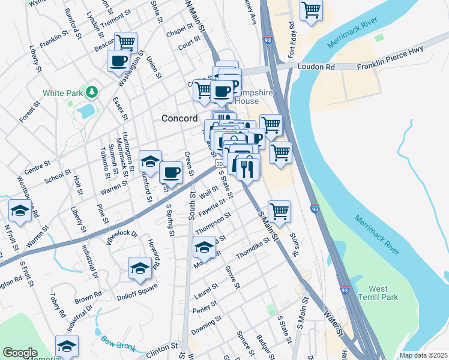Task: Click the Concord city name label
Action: click(180, 118)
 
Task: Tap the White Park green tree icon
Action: click(91, 92)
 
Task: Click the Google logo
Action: click(20, 353)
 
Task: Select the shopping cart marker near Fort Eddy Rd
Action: click(311, 10)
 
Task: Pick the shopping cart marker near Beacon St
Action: click(126, 43)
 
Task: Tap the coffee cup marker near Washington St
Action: click(118, 61)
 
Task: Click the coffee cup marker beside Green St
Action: click(171, 173)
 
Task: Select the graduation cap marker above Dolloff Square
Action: click(140, 268)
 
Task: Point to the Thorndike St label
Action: click(253, 249)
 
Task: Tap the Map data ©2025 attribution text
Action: click(423, 355)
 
